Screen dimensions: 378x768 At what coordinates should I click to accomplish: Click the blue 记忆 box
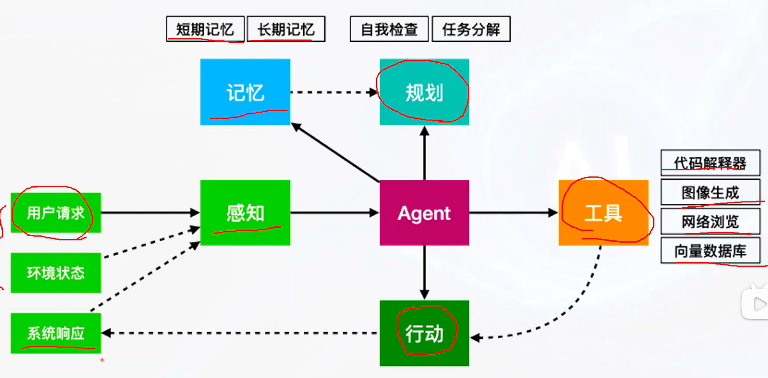[245, 92]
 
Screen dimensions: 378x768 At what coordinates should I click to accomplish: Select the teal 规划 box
[424, 92]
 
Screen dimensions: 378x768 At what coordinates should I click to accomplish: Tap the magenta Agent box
[424, 213]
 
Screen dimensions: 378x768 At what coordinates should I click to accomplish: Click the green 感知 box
[245, 213]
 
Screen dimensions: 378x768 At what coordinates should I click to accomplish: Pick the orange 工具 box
[604, 213]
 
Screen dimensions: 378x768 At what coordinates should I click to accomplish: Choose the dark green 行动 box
[424, 333]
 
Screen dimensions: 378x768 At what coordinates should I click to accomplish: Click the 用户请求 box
[56, 213]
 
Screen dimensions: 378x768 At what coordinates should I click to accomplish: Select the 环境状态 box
[56, 273]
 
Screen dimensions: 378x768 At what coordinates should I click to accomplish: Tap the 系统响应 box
[56, 333]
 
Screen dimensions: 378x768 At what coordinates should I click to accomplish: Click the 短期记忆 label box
[205, 29]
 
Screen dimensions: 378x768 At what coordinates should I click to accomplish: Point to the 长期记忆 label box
[286, 29]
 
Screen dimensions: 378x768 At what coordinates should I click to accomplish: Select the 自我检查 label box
[389, 29]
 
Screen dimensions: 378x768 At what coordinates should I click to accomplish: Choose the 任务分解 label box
[471, 29]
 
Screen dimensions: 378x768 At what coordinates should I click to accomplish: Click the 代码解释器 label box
[710, 163]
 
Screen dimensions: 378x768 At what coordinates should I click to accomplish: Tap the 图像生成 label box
[710, 192]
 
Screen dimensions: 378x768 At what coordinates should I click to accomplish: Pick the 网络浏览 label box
[710, 221]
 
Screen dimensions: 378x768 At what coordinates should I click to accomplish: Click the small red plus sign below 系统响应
[102, 360]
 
